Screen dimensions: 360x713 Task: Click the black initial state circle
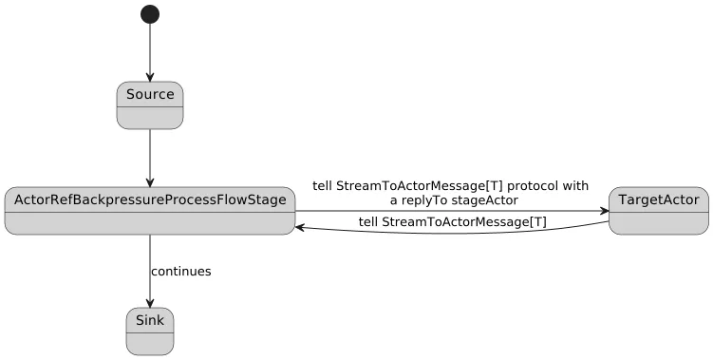(150, 14)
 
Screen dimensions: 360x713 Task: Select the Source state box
(150, 105)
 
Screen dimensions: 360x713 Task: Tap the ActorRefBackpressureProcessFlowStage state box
(150, 210)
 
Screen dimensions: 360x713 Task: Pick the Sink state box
(150, 331)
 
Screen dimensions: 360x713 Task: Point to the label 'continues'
(180, 272)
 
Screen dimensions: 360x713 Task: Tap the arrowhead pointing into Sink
(150, 303)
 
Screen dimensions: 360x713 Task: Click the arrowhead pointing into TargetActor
(603, 210)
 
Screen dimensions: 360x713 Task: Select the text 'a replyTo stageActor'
(453, 200)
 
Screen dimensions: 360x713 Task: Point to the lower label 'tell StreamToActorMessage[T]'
(452, 222)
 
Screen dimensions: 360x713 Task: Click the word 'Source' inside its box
(150, 94)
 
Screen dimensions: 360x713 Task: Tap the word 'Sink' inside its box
(150, 320)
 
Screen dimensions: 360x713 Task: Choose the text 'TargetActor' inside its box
(658, 199)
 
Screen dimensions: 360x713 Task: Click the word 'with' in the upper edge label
(575, 186)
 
